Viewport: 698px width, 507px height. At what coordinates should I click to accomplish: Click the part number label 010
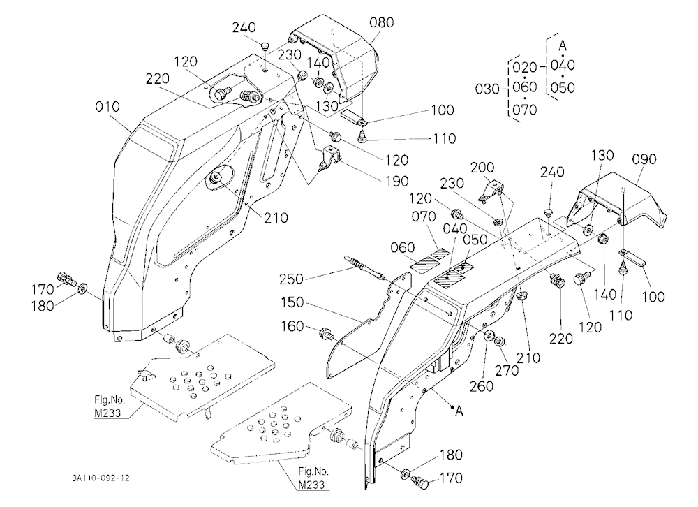pos(107,107)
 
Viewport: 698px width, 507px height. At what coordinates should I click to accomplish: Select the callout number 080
pos(382,22)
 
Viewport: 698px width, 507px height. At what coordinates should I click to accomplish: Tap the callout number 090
pos(645,159)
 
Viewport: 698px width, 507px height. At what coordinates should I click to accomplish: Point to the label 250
pos(292,279)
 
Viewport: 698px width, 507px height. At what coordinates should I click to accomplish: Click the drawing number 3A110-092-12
pos(101,478)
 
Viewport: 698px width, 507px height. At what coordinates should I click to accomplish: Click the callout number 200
pos(483,168)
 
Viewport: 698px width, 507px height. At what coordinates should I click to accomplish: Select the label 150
pos(292,302)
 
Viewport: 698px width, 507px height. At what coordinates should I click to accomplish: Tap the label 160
pos(292,327)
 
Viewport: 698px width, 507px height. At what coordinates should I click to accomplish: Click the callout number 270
pos(507,370)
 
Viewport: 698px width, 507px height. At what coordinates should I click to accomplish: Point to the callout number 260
pos(482,386)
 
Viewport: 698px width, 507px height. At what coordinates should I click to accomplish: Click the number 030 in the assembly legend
pos(487,89)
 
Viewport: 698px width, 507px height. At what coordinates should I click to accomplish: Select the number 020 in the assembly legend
pos(525,68)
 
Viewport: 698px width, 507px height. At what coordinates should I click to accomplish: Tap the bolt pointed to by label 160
pos(327,333)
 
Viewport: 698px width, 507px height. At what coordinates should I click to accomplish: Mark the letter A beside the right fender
pos(459,411)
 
